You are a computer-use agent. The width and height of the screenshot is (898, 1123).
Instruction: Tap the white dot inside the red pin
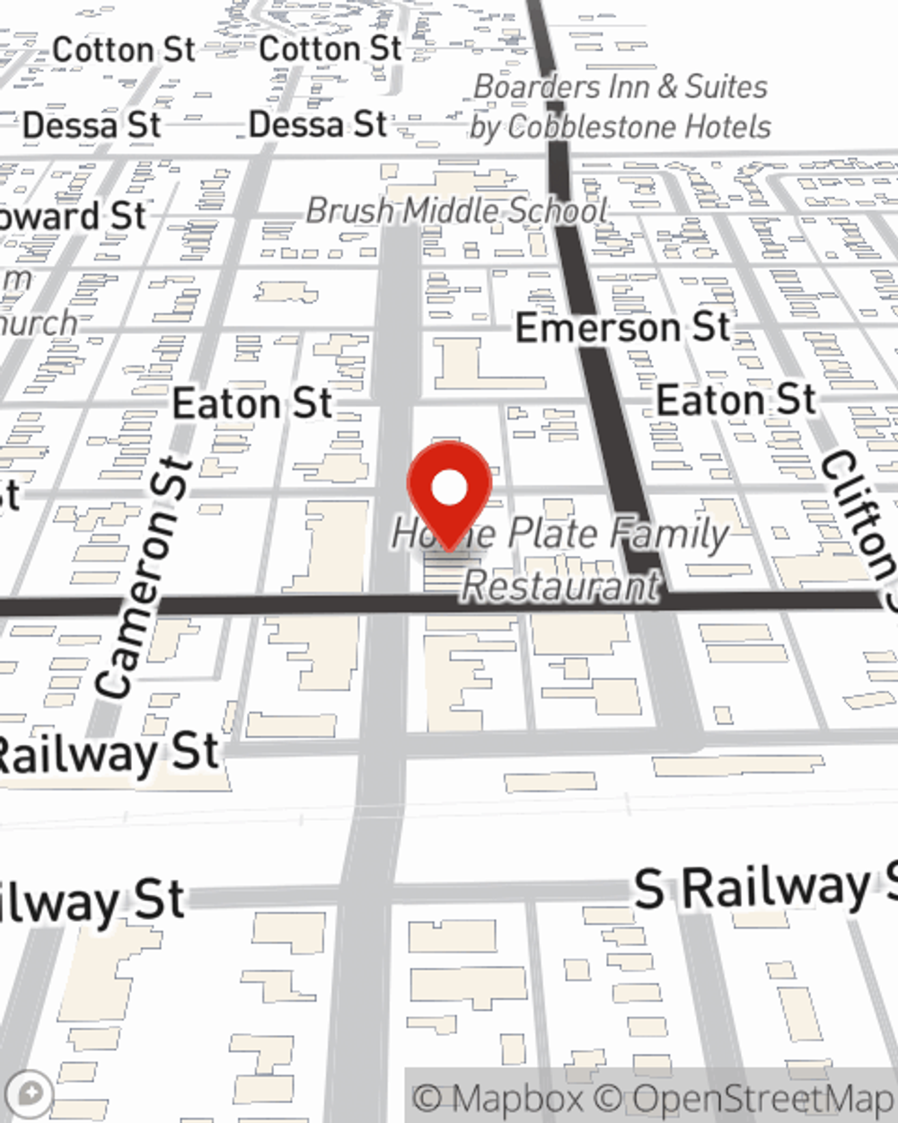pyautogui.click(x=449, y=489)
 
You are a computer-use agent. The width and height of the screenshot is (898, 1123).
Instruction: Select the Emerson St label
pyautogui.click(x=622, y=328)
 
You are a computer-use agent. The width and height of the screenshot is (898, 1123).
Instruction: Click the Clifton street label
pyautogui.click(x=858, y=521)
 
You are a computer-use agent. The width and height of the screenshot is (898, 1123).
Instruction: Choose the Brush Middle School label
pyautogui.click(x=456, y=211)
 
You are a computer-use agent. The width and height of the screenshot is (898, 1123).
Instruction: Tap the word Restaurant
pyautogui.click(x=561, y=586)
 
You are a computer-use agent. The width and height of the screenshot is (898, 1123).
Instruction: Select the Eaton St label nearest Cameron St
pyautogui.click(x=252, y=403)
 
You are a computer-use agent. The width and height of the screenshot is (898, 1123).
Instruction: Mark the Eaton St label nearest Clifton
pyautogui.click(x=736, y=400)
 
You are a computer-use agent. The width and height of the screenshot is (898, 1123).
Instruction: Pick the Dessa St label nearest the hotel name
pyautogui.click(x=318, y=124)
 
